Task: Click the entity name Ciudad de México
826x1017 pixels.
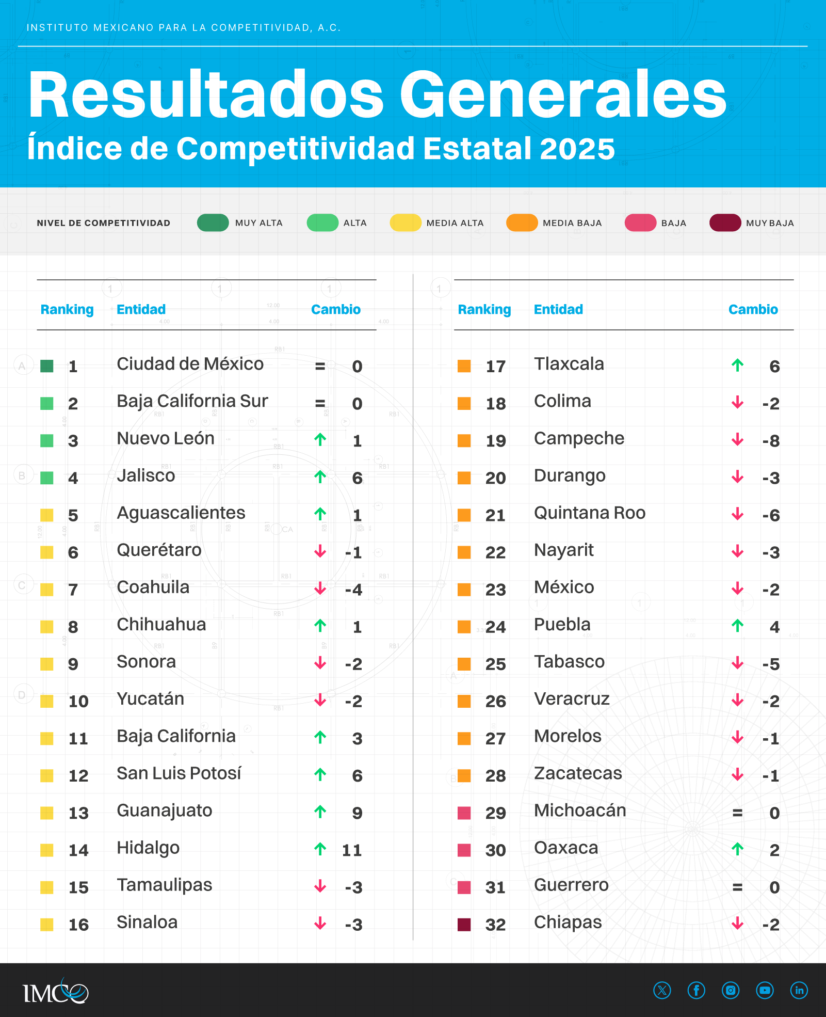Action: click(190, 364)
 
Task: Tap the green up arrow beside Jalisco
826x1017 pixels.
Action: click(320, 477)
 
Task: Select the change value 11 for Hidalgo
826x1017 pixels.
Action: click(352, 850)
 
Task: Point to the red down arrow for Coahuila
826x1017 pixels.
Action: click(320, 589)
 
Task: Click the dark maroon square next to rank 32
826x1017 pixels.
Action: click(464, 925)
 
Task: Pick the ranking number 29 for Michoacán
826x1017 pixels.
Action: click(495, 813)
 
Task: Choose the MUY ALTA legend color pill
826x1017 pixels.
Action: click(213, 223)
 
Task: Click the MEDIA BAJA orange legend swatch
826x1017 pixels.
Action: click(522, 223)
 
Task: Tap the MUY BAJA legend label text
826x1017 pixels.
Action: click(770, 223)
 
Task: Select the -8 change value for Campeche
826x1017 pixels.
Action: click(771, 441)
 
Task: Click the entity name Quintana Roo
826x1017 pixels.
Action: click(590, 513)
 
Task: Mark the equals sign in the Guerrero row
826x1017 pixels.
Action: click(738, 887)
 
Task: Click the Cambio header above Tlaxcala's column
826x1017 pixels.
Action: click(753, 309)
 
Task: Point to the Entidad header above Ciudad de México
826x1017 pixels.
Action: click(141, 309)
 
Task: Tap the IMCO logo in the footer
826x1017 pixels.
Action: click(55, 991)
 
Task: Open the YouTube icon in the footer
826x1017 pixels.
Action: click(765, 990)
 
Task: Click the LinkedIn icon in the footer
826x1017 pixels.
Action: click(799, 990)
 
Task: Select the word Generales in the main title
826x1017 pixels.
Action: click(563, 96)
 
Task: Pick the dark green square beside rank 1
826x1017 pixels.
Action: click(47, 366)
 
